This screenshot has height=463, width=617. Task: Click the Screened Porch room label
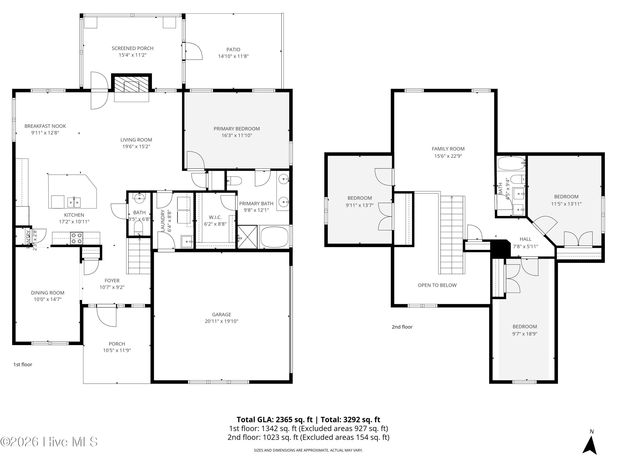pyautogui.click(x=132, y=48)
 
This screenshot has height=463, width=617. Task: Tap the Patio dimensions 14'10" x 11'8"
pyautogui.click(x=233, y=56)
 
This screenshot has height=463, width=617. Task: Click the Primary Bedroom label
pyautogui.click(x=237, y=129)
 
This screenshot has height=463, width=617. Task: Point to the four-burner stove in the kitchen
pyautogui.click(x=77, y=238)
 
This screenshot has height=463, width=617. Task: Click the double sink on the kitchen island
pyautogui.click(x=74, y=202)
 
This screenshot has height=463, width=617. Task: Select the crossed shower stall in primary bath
pyautogui.click(x=247, y=237)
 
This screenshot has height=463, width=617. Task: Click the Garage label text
pyautogui.click(x=222, y=314)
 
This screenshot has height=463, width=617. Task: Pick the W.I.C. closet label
pyautogui.click(x=215, y=217)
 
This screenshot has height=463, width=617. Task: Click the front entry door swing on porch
pyautogui.click(x=106, y=316)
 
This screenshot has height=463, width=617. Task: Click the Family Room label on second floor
pyautogui.click(x=448, y=149)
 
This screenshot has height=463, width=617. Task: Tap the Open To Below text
pyautogui.click(x=437, y=285)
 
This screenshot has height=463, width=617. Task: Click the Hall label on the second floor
pyautogui.click(x=525, y=239)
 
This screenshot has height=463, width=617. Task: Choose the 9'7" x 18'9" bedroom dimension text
pyautogui.click(x=525, y=334)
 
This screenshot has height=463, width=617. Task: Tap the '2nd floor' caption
pyautogui.click(x=402, y=327)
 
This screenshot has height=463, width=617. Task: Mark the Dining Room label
pyautogui.click(x=48, y=293)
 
